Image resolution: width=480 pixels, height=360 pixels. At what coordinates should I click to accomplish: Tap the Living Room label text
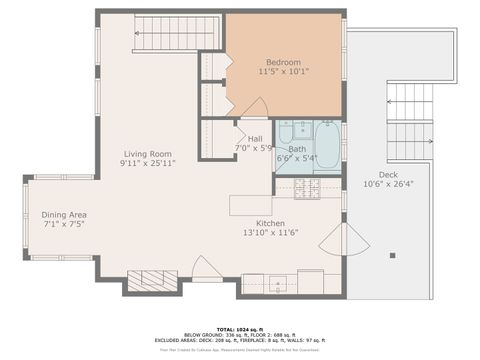[149, 153]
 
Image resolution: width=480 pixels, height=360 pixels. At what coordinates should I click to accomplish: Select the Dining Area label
[64, 215]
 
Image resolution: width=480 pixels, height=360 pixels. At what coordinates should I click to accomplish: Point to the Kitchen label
[272, 223]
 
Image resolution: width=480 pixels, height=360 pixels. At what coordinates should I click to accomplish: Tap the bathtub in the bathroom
[327, 142]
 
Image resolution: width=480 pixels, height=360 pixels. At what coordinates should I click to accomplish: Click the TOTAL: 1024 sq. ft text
[240, 327]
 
